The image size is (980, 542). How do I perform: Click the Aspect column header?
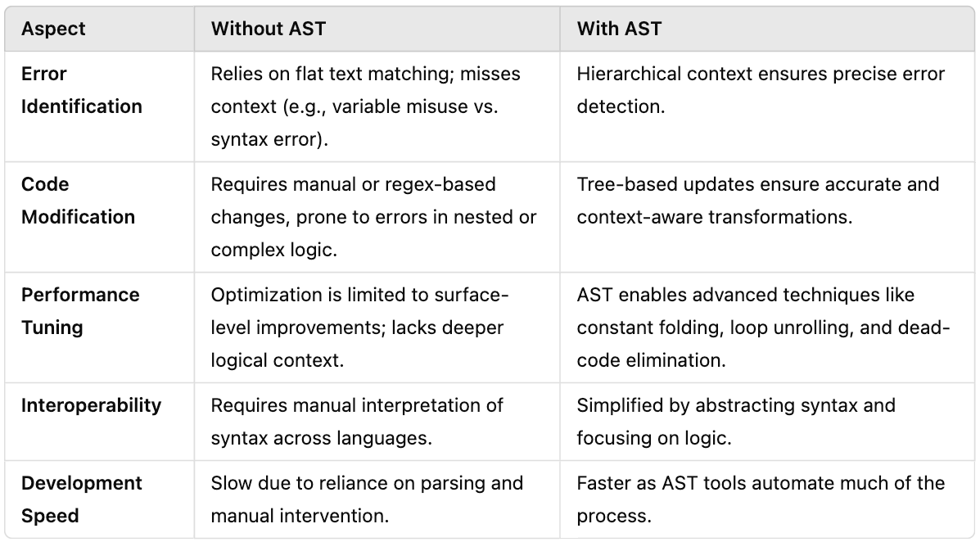(53, 29)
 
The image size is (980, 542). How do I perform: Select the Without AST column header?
(268, 29)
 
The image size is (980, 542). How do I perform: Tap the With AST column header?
(619, 29)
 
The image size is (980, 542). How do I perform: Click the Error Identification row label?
(81, 90)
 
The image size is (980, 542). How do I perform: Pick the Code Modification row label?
(78, 201)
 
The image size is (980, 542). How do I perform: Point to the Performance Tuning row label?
(80, 311)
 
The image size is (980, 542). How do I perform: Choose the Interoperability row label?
(91, 405)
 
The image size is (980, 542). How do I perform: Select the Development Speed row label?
(82, 499)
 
